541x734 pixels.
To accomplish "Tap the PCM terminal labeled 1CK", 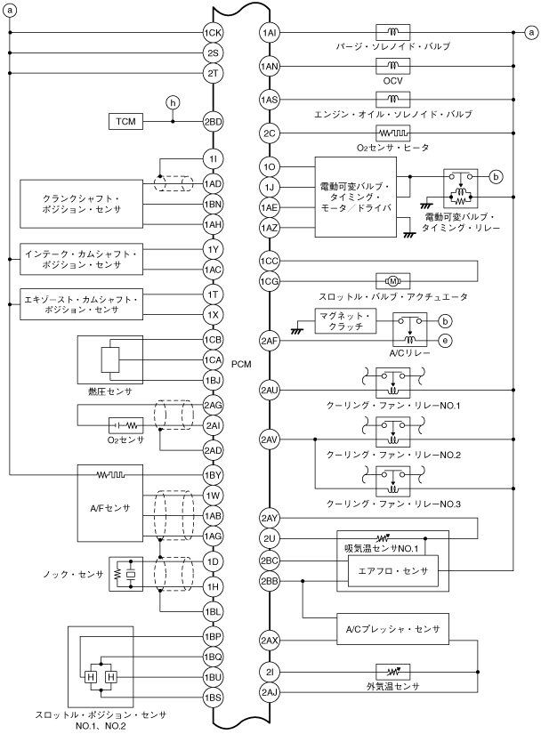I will tap(213, 33).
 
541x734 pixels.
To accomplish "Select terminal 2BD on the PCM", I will tap(213, 121).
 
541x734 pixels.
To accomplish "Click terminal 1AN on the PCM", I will tap(270, 66).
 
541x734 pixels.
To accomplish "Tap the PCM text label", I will tap(240, 364).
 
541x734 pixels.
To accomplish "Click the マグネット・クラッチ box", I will tap(349, 321).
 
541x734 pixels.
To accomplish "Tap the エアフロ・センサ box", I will tap(392, 571).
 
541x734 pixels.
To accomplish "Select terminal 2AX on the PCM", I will tap(270, 640).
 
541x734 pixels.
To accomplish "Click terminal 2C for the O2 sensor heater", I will tap(270, 133).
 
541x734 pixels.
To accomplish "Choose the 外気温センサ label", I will tap(392, 686).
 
